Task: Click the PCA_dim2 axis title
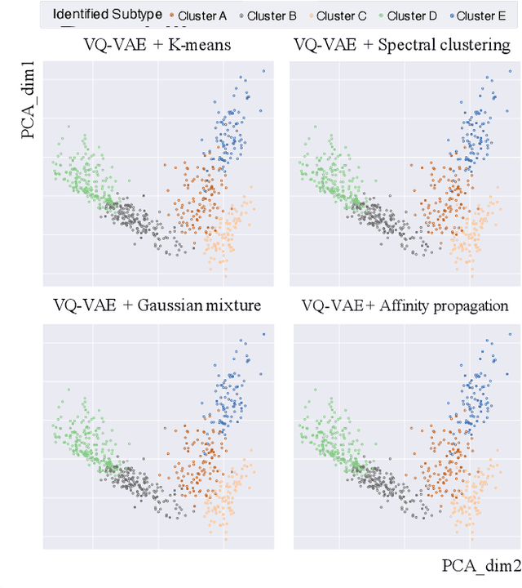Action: [478, 566]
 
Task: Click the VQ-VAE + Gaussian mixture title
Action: [157, 305]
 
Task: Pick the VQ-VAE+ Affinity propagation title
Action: [405, 305]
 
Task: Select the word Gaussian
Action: [170, 305]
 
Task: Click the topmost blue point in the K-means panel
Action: [263, 71]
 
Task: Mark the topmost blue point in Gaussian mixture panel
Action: [263, 333]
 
